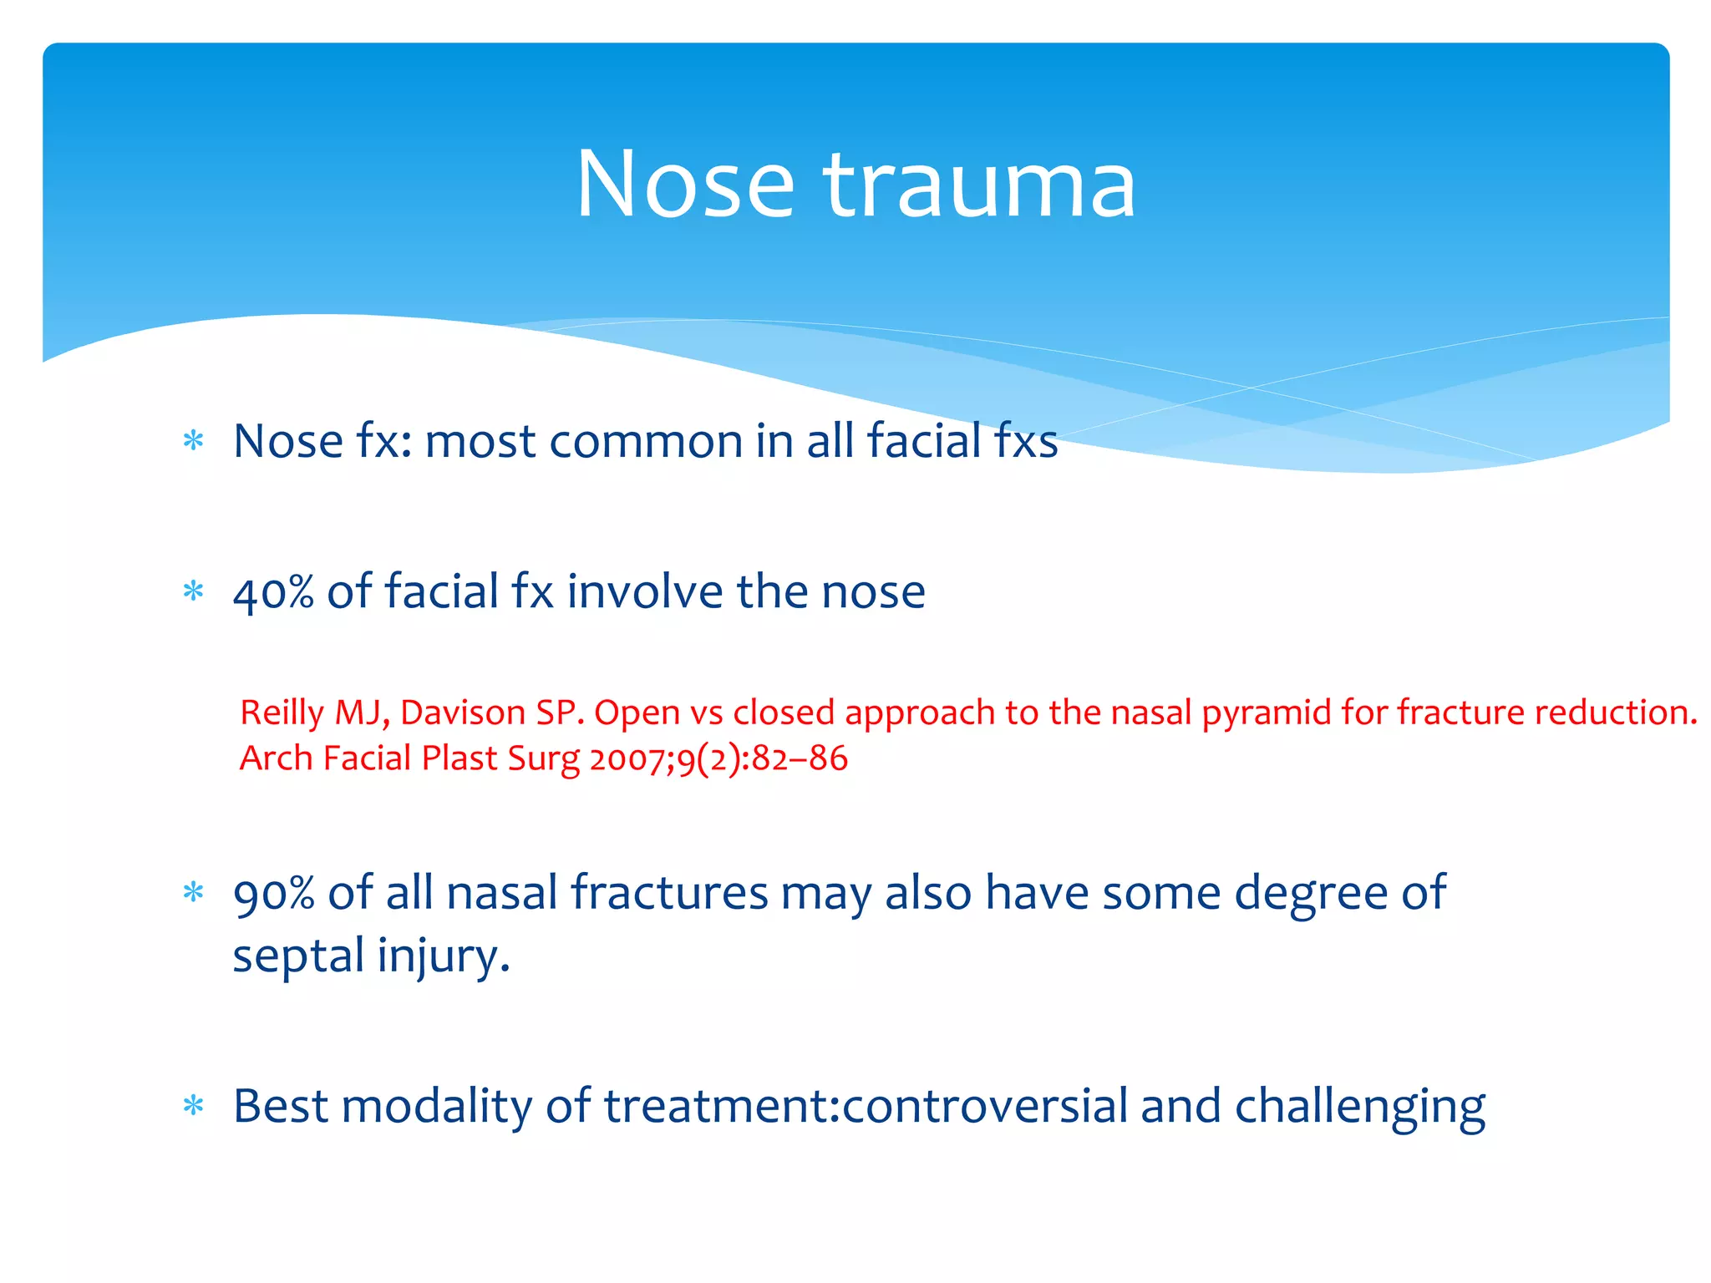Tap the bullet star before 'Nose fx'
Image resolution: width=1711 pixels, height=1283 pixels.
click(x=193, y=440)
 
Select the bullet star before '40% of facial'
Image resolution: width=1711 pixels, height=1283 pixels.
click(x=193, y=591)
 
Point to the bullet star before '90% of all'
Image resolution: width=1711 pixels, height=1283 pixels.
click(x=193, y=893)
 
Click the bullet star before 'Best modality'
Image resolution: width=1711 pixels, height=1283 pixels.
click(x=193, y=1107)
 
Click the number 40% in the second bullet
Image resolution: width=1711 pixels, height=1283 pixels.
click(x=273, y=592)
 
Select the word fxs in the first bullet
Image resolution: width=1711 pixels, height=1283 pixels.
click(x=1025, y=441)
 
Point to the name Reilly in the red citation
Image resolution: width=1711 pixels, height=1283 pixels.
click(x=281, y=712)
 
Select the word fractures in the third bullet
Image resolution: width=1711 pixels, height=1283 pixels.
click(x=669, y=893)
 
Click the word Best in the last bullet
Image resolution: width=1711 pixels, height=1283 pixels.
click(x=281, y=1107)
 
